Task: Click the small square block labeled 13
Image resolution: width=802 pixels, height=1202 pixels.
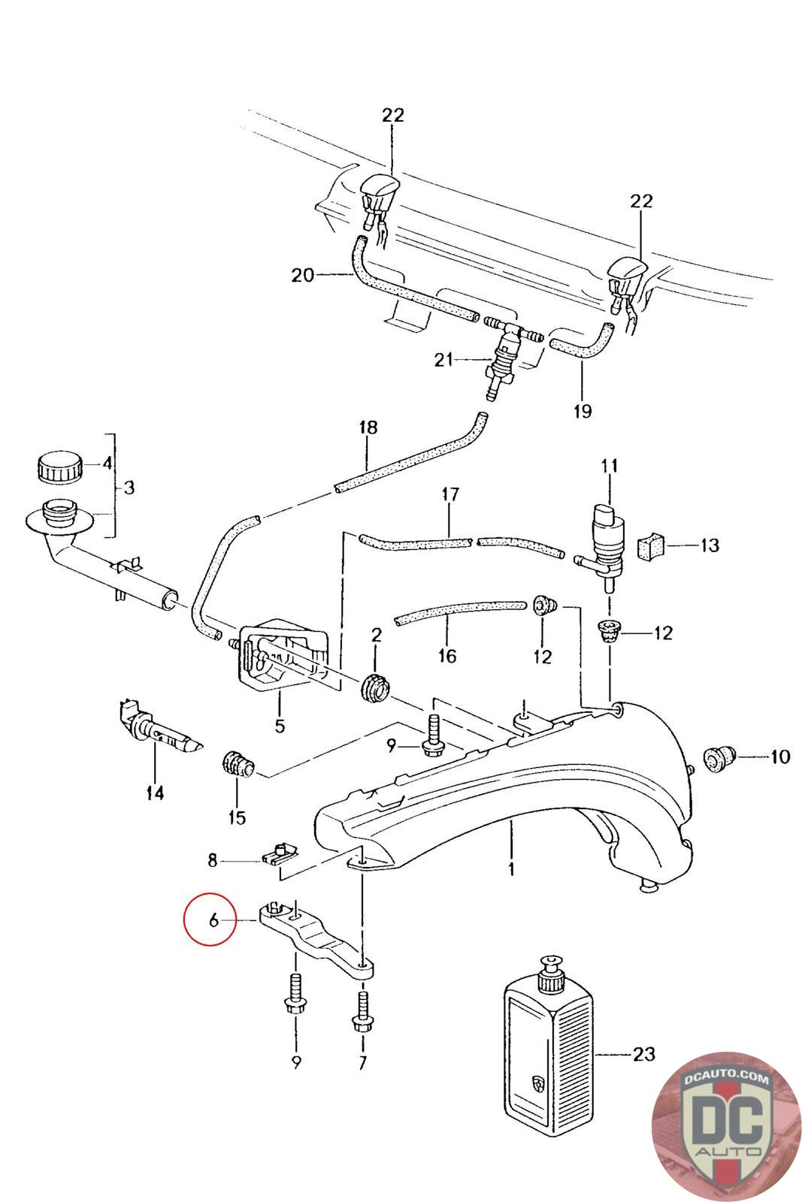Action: tap(651, 546)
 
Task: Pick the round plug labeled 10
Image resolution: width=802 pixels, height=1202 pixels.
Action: tap(719, 758)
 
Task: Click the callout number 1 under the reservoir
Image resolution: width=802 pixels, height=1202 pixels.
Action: tap(511, 868)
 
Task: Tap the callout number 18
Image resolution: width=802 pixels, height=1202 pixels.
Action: tap(368, 427)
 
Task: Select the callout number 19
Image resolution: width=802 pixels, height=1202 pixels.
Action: tap(582, 411)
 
